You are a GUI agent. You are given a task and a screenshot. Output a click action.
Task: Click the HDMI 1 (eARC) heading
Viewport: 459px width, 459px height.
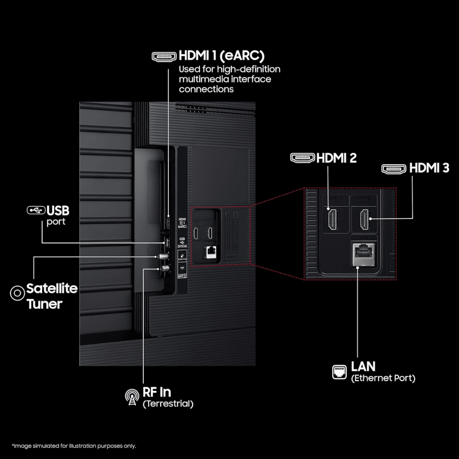(222, 56)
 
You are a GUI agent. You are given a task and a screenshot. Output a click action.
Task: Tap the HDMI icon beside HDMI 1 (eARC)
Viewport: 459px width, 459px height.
(164, 57)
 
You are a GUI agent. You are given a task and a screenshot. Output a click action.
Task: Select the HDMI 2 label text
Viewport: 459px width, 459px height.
(337, 158)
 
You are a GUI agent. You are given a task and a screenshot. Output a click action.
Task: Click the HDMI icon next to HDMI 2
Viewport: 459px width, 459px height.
(302, 158)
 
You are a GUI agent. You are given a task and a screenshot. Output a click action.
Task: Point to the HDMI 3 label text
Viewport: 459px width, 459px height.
(429, 168)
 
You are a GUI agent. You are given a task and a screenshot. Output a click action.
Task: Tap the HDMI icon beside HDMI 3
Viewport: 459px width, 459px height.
(394, 168)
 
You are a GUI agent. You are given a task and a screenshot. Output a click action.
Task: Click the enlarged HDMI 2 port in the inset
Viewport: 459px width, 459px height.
(333, 219)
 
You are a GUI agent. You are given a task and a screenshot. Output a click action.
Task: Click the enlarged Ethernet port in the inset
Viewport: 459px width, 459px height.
(363, 253)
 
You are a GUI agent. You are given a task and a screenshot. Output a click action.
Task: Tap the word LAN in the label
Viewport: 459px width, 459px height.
(363, 366)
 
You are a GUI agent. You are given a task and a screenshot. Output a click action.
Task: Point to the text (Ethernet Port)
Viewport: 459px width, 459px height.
(383, 378)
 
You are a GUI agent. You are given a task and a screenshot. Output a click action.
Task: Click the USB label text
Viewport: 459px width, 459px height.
(58, 211)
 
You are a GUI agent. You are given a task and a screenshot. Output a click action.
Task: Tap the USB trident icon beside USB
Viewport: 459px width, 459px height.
(36, 211)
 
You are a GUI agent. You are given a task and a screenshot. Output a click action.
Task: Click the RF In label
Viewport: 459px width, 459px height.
(157, 392)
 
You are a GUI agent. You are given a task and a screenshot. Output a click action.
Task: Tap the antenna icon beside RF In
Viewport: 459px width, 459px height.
(132, 397)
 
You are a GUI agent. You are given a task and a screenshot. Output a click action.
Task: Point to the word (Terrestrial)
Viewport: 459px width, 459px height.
(168, 404)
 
